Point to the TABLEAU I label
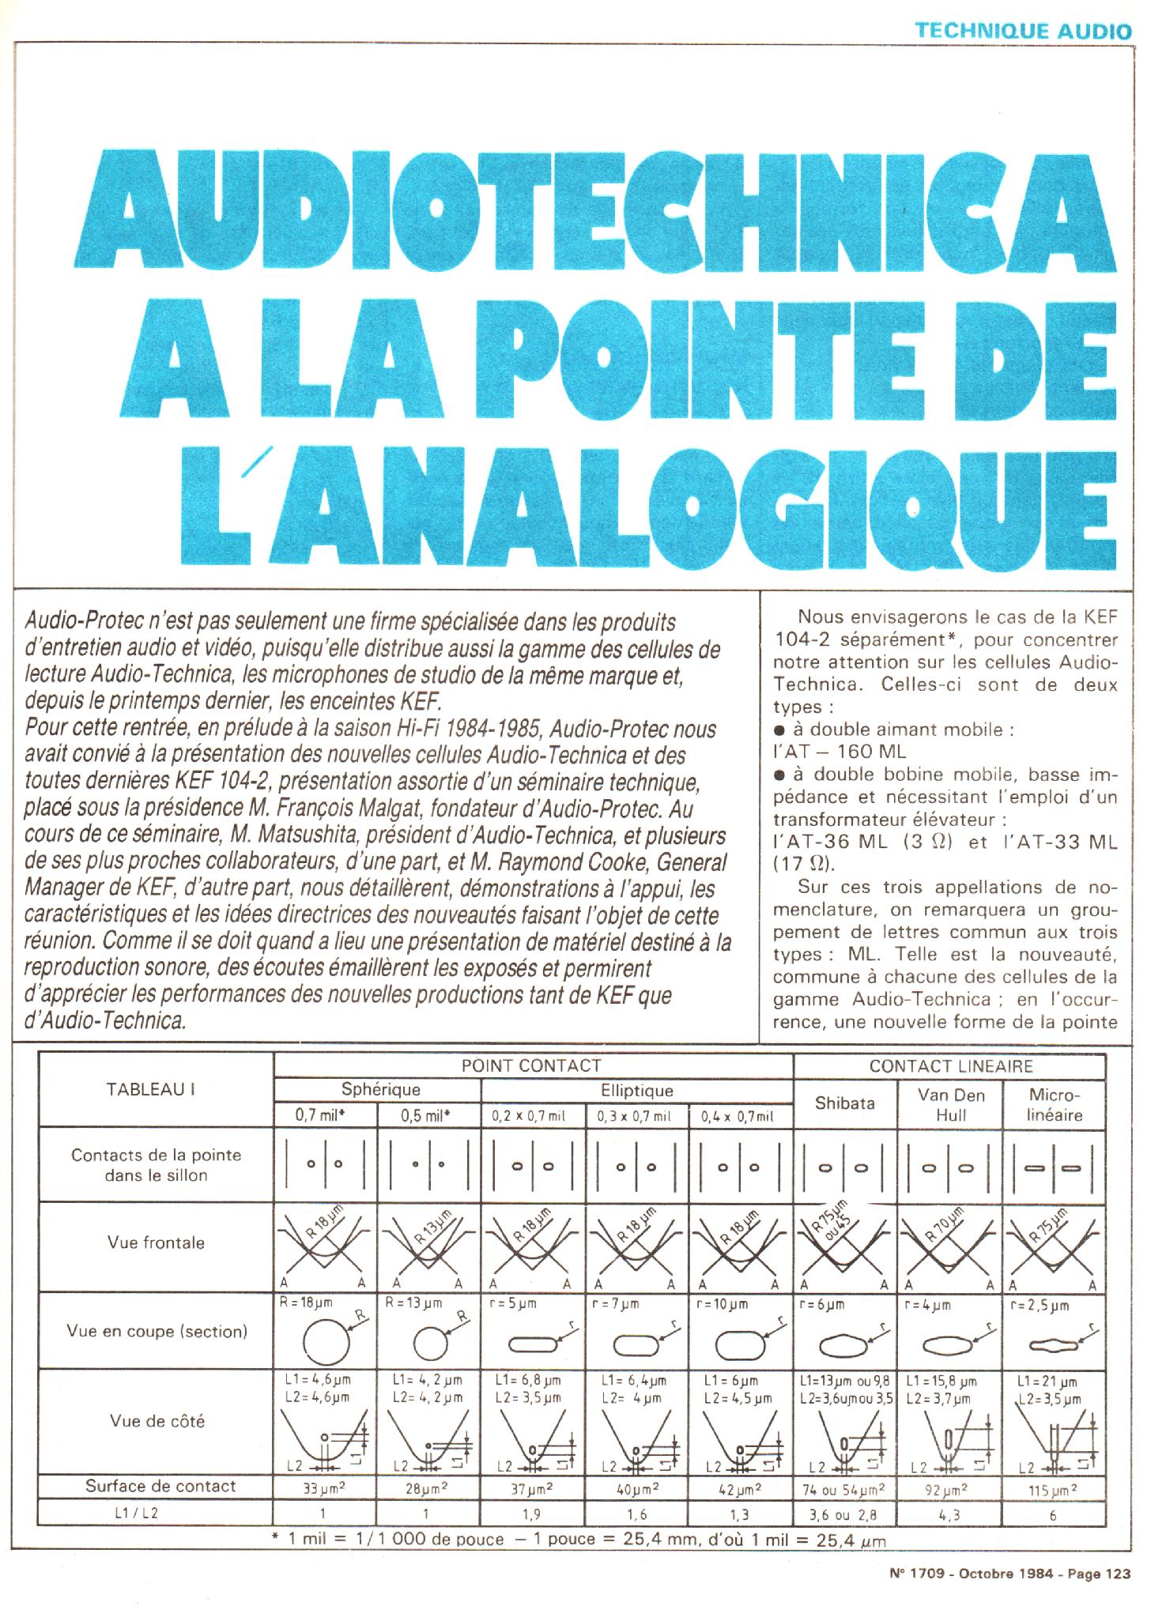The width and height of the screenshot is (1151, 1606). coord(150,1089)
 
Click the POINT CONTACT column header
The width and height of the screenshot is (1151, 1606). coord(531,1065)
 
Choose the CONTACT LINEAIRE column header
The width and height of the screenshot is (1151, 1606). coord(950,1066)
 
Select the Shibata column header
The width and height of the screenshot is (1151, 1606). coord(844,1103)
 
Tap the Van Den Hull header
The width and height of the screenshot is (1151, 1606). coord(951,1104)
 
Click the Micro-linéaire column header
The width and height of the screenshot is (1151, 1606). coord(1055,1104)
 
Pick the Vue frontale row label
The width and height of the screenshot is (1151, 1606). coord(156,1242)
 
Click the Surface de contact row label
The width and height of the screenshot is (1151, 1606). coord(160,1486)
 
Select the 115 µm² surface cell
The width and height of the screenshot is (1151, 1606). coord(1054,1491)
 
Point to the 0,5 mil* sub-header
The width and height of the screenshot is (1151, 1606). coord(428,1116)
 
